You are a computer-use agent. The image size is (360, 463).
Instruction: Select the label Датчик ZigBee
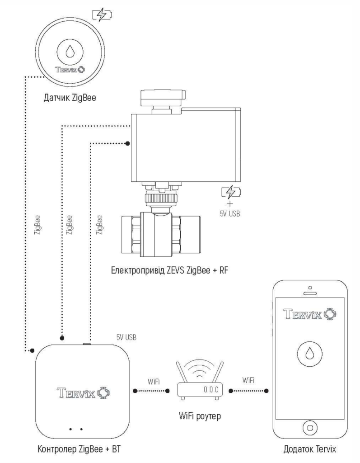[x=69, y=96]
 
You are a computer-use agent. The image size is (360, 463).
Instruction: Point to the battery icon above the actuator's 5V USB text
[x=231, y=192]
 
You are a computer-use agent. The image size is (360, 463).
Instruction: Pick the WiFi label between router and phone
[x=248, y=381]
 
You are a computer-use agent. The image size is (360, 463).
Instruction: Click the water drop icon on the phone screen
[x=310, y=354]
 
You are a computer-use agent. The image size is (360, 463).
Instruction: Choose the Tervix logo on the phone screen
[x=310, y=313]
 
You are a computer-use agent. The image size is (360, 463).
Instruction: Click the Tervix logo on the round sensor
[x=69, y=71]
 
